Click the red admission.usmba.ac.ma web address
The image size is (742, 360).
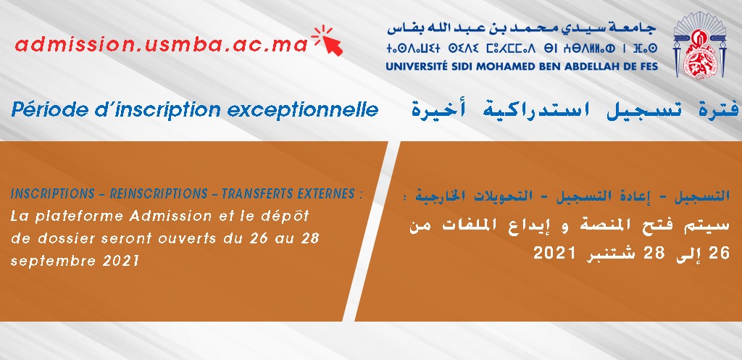point(162,45)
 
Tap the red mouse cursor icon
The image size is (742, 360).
point(328,41)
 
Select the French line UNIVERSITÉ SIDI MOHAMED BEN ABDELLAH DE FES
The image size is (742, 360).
point(522,66)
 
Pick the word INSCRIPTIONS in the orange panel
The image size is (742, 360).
point(52,194)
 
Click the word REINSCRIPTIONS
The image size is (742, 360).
point(159,194)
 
